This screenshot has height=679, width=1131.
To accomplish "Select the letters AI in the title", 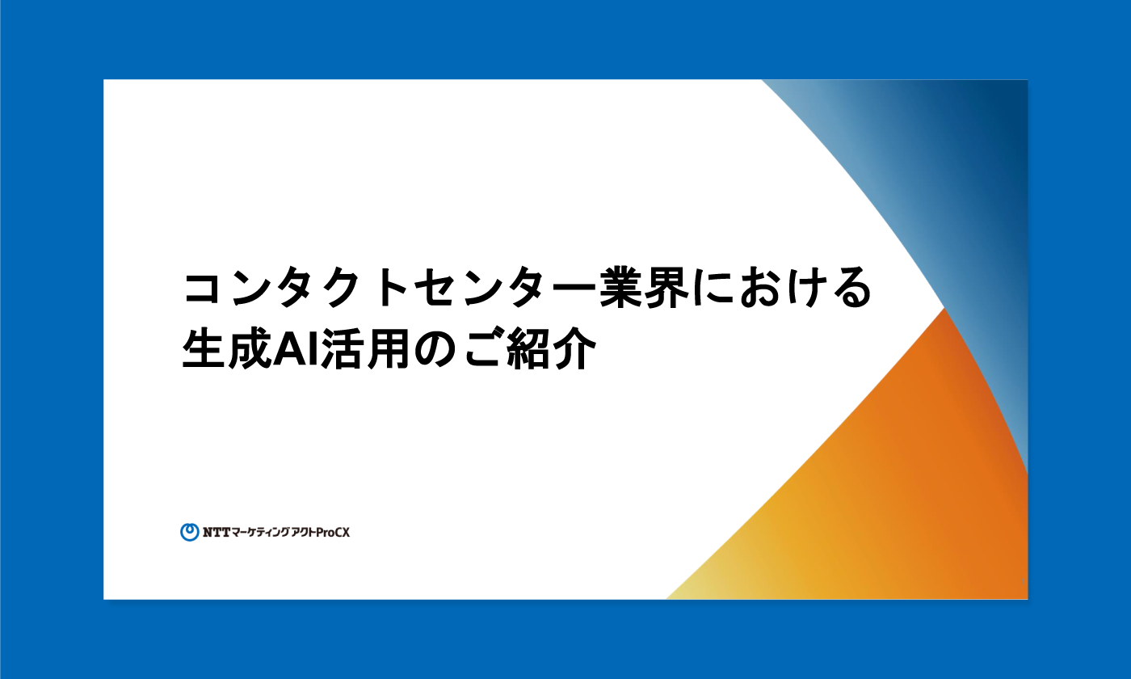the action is pos(296,349).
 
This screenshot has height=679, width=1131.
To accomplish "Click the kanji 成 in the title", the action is pos(250,348).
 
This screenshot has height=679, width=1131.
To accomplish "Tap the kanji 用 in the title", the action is pos(389,348).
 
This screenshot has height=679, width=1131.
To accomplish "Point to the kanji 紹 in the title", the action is pos(528,348).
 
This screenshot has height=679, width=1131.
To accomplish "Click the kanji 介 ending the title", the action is pos(574,348).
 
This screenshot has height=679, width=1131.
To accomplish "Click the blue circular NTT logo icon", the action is pos(190,532).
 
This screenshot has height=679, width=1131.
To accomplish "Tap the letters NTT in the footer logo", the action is pos(217,533).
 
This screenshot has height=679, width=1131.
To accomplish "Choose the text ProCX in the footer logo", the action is pos(333,533).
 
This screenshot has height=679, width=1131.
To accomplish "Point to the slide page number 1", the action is pos(1023,581).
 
